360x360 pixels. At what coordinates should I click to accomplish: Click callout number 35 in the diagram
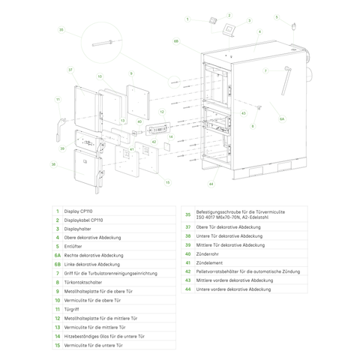[61, 30]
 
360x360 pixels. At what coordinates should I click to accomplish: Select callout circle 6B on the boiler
[175, 41]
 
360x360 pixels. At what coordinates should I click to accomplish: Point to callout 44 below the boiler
[211, 184]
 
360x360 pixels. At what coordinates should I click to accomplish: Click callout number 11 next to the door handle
[57, 99]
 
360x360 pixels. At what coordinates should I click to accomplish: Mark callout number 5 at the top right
[276, 16]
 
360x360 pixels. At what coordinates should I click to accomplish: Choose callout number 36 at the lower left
[53, 163]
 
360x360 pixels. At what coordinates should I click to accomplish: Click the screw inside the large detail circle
[101, 41]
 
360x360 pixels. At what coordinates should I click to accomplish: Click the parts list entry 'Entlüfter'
[73, 247]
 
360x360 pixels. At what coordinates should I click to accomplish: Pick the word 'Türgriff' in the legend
[72, 309]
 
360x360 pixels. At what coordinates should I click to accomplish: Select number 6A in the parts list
[57, 256]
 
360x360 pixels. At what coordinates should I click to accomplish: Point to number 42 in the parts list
[188, 271]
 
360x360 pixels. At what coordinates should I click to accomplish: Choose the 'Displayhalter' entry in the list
[77, 229]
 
